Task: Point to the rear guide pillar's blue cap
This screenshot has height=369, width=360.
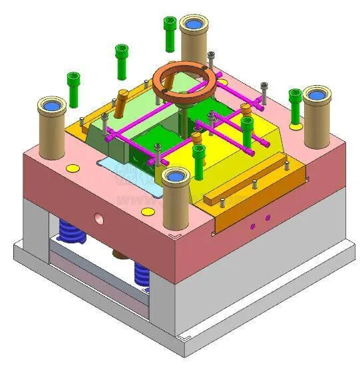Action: tap(194, 24)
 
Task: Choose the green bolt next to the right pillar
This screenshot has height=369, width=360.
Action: tap(295, 104)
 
